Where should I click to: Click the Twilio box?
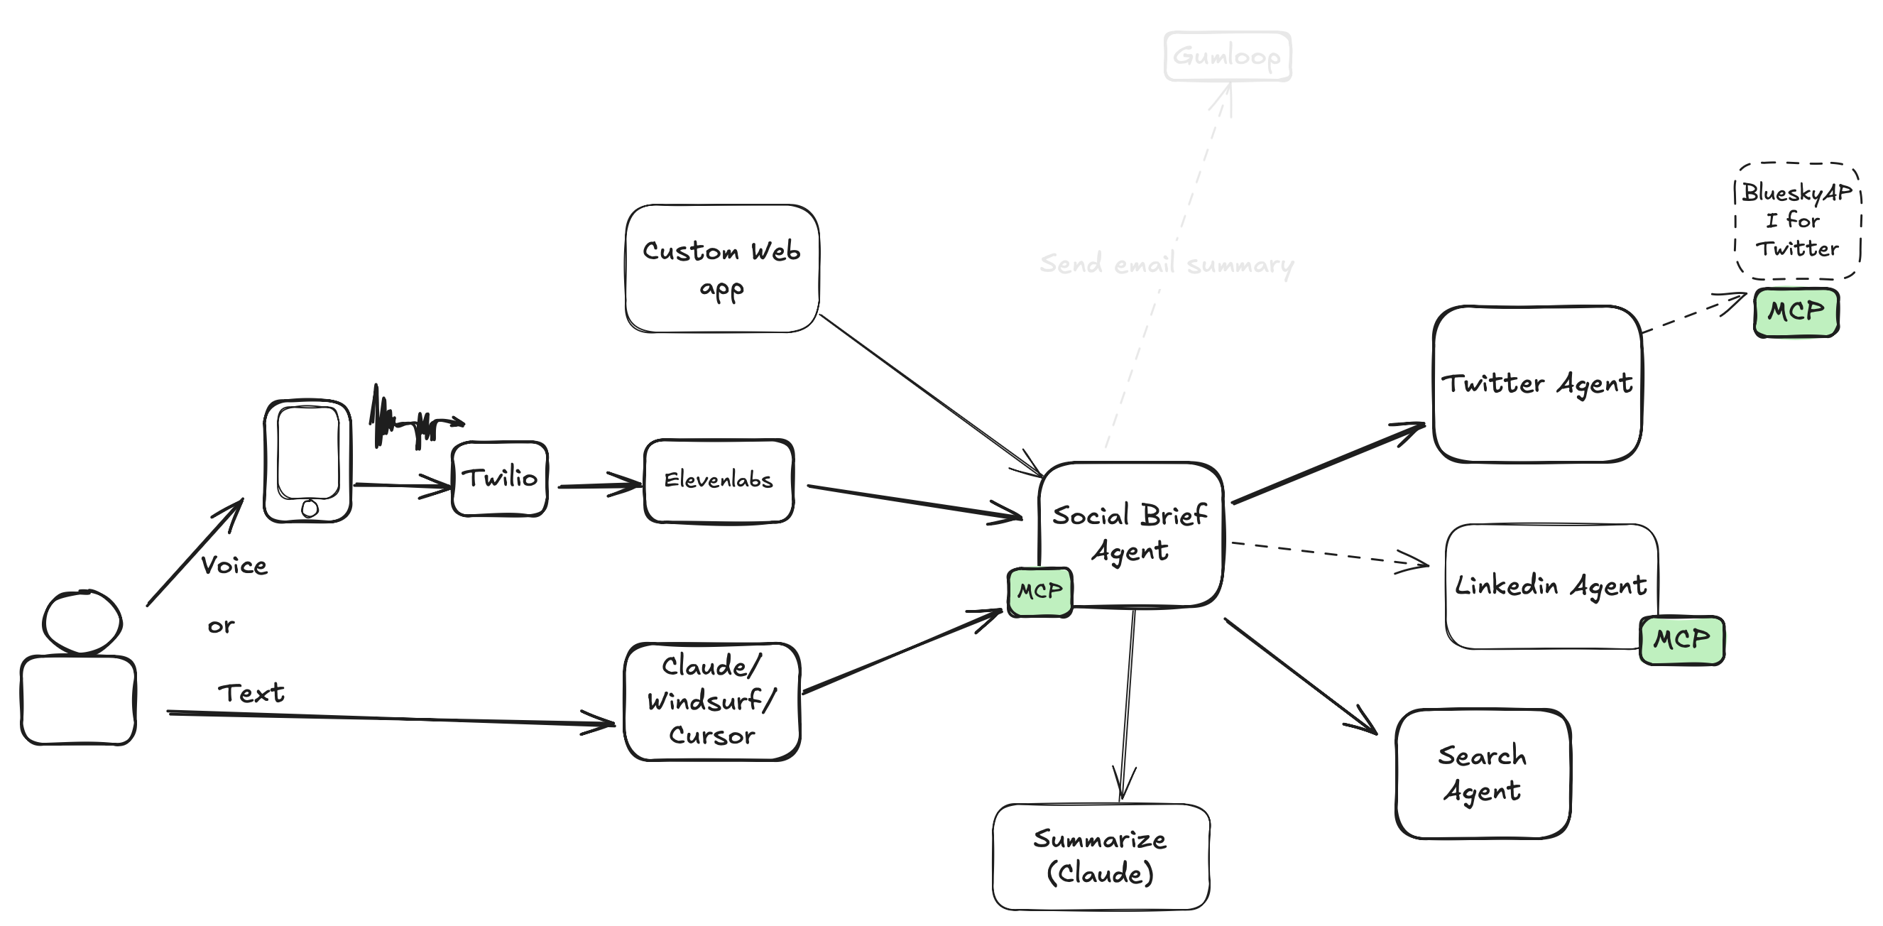click(499, 479)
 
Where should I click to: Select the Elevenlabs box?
click(719, 480)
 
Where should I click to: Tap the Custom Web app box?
click(721, 268)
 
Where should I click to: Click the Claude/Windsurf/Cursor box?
click(712, 702)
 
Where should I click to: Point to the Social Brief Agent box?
click(1130, 533)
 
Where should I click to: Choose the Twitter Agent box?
click(1537, 383)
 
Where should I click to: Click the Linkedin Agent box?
click(1551, 585)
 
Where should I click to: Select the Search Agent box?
click(1483, 773)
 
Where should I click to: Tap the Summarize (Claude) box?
click(1100, 856)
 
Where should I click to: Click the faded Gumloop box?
click(1228, 56)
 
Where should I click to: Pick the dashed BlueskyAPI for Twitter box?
click(1798, 221)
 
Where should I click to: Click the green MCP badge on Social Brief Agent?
click(1039, 592)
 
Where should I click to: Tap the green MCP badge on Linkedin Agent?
click(1681, 640)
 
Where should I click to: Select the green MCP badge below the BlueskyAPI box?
click(1795, 312)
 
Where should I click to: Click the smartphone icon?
click(307, 460)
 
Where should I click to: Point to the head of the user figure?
click(82, 621)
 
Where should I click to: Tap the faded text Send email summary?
click(1167, 264)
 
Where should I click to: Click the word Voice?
click(234, 566)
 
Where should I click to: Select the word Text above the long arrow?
click(251, 692)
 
